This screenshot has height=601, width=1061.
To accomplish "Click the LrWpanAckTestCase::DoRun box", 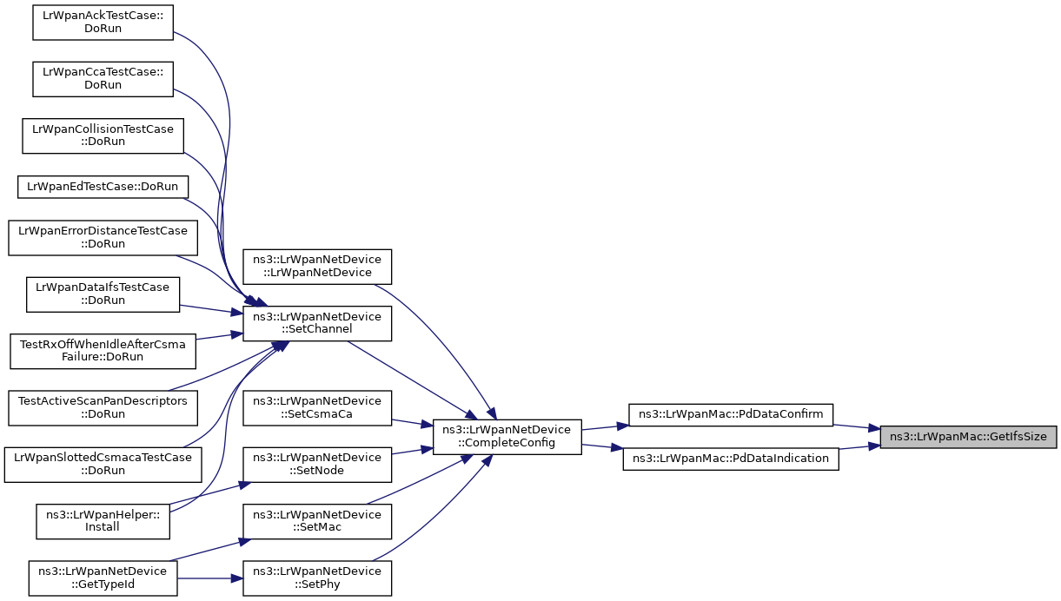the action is click(103, 23).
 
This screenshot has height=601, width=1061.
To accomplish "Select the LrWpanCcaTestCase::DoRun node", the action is click(103, 79).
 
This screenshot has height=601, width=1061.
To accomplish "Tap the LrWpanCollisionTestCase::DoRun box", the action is click(103, 135).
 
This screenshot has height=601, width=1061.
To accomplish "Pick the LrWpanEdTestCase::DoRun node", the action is click(103, 187).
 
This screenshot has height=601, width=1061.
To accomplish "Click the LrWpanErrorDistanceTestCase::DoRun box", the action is click(103, 238).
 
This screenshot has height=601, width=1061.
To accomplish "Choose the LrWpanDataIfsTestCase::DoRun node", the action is click(103, 294).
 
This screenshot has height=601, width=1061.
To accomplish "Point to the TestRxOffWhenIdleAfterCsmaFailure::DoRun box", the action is click(103, 351).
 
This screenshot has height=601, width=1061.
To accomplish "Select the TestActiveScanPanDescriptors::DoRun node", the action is click(103, 408).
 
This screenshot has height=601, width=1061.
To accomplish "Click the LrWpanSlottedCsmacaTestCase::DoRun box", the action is click(103, 465).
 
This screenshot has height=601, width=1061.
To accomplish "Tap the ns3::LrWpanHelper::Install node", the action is click(103, 521).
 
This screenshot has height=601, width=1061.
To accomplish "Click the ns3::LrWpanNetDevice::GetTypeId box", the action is click(103, 578).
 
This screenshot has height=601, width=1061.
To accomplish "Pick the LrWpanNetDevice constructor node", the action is click(317, 267).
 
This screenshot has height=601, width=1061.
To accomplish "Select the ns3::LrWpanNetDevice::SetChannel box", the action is click(317, 323).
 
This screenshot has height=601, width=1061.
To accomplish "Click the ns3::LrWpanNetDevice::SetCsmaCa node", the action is click(317, 408).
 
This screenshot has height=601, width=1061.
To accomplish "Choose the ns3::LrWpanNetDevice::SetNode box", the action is click(317, 465).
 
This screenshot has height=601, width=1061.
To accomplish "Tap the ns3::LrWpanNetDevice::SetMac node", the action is click(317, 521).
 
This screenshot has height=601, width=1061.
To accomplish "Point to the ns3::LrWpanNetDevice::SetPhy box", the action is click(317, 578).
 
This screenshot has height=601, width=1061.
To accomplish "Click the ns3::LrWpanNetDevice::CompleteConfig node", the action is click(507, 437).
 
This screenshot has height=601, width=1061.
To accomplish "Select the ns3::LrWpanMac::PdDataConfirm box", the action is click(731, 414).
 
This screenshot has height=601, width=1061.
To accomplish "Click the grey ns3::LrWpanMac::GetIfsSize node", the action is click(968, 437).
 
